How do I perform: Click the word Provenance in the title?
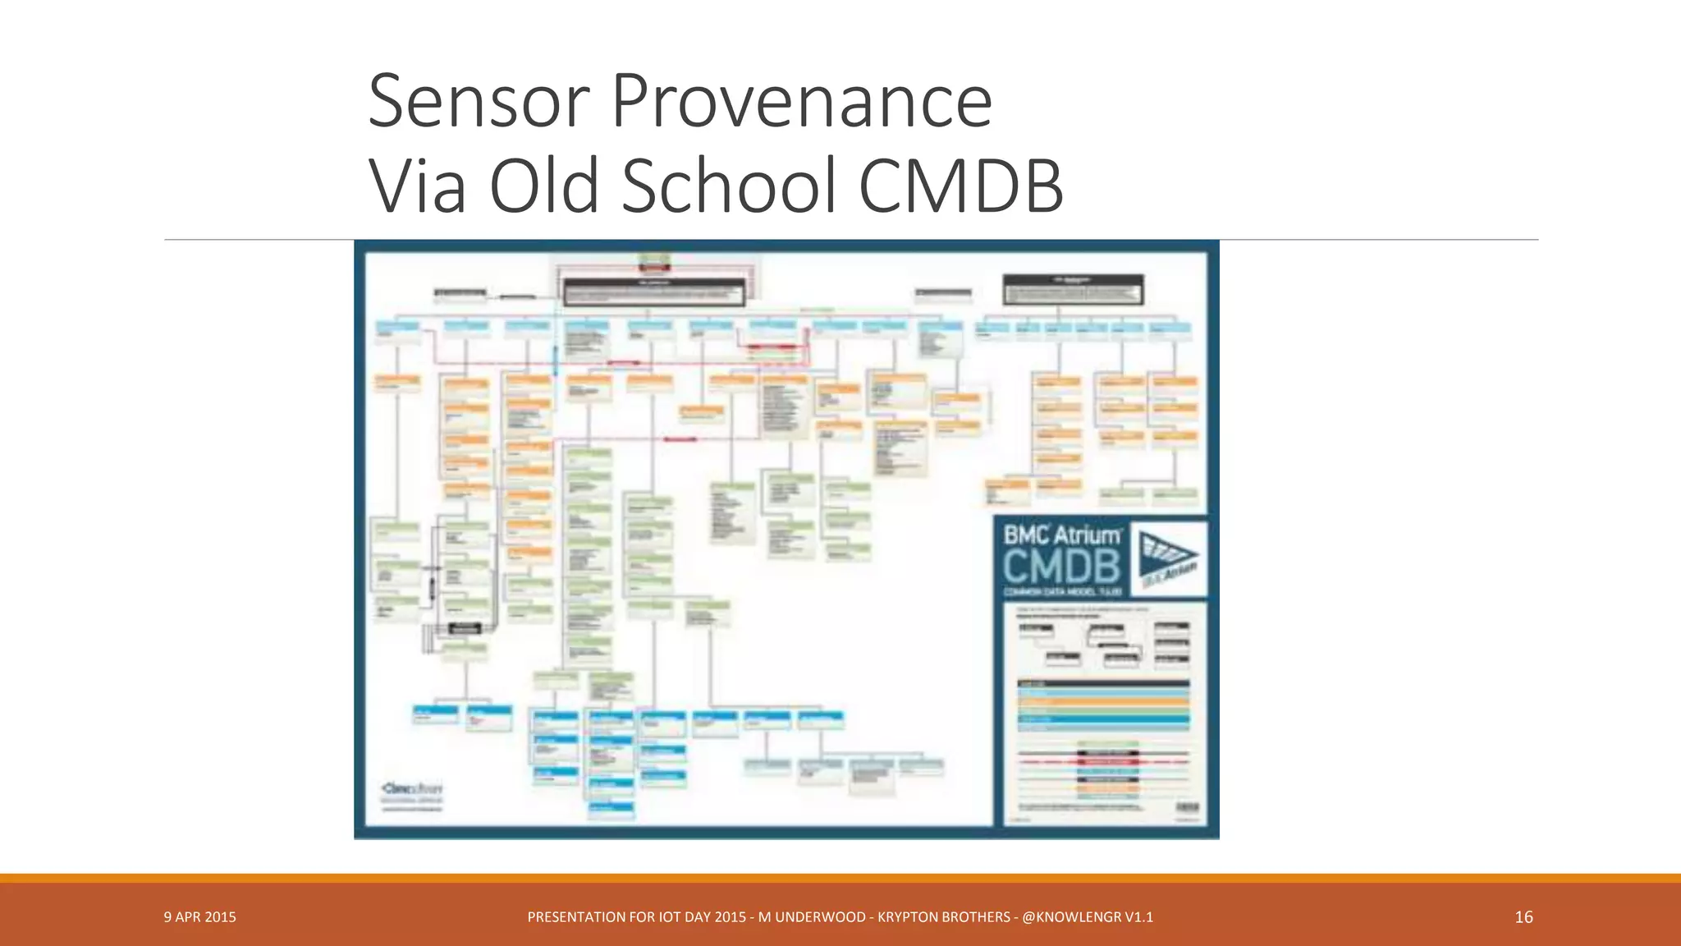[802, 102]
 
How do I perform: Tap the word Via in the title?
[418, 186]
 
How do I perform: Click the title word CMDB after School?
[961, 186]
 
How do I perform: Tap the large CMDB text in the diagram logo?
[1061, 567]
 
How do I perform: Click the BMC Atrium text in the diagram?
[1062, 535]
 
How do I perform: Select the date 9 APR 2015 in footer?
[199, 917]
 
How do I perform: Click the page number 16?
[1523, 917]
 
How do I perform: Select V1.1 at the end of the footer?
[1139, 917]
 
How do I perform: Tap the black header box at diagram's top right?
[1073, 290]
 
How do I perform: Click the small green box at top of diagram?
[654, 262]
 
